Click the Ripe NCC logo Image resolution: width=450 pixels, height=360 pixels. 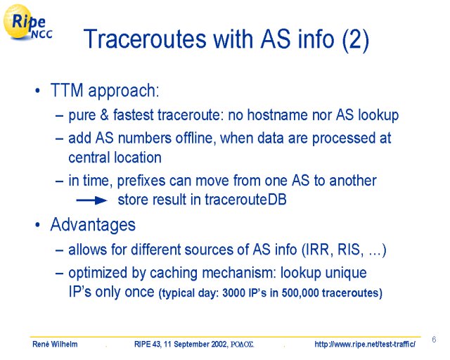coord(28,22)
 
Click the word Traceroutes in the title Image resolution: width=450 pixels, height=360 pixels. coord(145,39)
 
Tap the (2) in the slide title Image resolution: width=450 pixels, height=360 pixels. coord(356,39)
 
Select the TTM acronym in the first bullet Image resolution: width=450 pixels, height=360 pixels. coord(67,90)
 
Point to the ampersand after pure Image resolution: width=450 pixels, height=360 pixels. coord(105,115)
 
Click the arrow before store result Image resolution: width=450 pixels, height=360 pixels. coord(91,200)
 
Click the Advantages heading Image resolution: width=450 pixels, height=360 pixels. coord(93,224)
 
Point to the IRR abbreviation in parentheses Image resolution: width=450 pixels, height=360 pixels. coord(318,250)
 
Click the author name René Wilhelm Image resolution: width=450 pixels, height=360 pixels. coord(55,344)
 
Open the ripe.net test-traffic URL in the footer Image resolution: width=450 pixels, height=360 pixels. coord(365,344)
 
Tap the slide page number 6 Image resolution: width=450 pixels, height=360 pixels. coord(434,340)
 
